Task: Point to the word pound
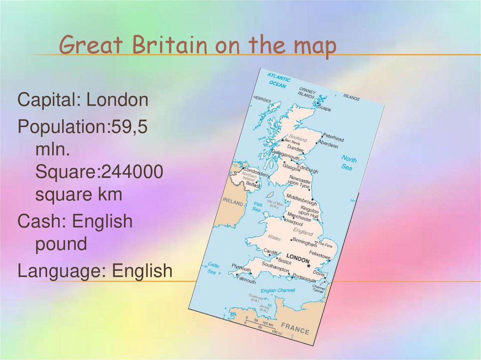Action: tap(61, 244)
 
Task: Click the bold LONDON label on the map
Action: tap(298, 259)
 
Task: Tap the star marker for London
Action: tap(309, 266)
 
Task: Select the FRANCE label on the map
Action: tap(295, 328)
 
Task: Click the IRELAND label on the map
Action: tap(233, 203)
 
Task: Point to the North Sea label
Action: tap(348, 162)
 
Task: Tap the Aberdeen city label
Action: tap(328, 145)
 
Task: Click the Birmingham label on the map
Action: tap(304, 242)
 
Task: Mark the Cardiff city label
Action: tap(271, 251)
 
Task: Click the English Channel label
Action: tap(278, 291)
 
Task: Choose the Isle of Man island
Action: tap(270, 194)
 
